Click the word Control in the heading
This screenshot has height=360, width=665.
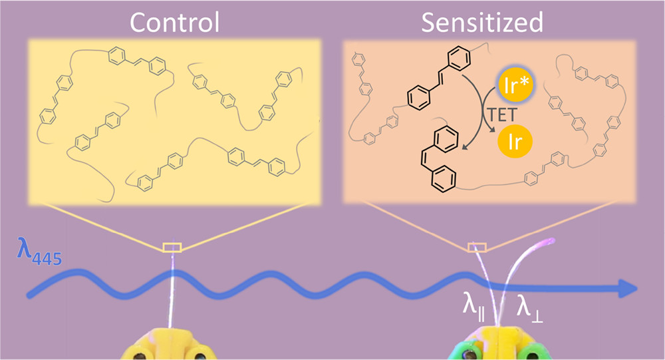(174, 23)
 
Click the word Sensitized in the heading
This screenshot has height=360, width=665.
(483, 23)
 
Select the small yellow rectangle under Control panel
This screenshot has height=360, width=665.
(172, 248)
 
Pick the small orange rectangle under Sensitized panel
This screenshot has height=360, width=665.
(477, 248)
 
